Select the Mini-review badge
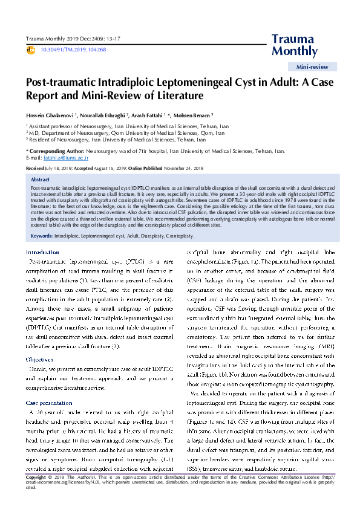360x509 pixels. [313, 67]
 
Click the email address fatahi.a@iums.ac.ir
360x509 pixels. [59, 157]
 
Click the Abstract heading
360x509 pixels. [40, 180]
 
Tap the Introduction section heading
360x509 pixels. [42, 251]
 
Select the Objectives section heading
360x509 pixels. [39, 342]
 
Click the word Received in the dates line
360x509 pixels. [34, 167]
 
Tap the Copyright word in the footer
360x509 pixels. [36, 494]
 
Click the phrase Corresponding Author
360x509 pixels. [50, 150]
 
